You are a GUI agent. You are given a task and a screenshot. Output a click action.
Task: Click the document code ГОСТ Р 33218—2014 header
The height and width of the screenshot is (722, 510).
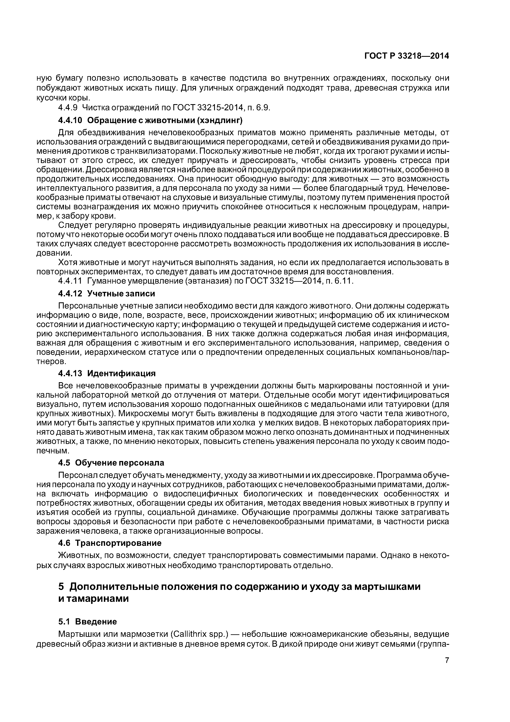(x=406, y=56)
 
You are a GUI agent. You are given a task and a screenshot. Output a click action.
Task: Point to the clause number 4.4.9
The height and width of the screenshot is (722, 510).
(x=68, y=108)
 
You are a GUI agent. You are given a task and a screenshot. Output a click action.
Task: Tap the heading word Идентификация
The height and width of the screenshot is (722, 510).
(x=121, y=373)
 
